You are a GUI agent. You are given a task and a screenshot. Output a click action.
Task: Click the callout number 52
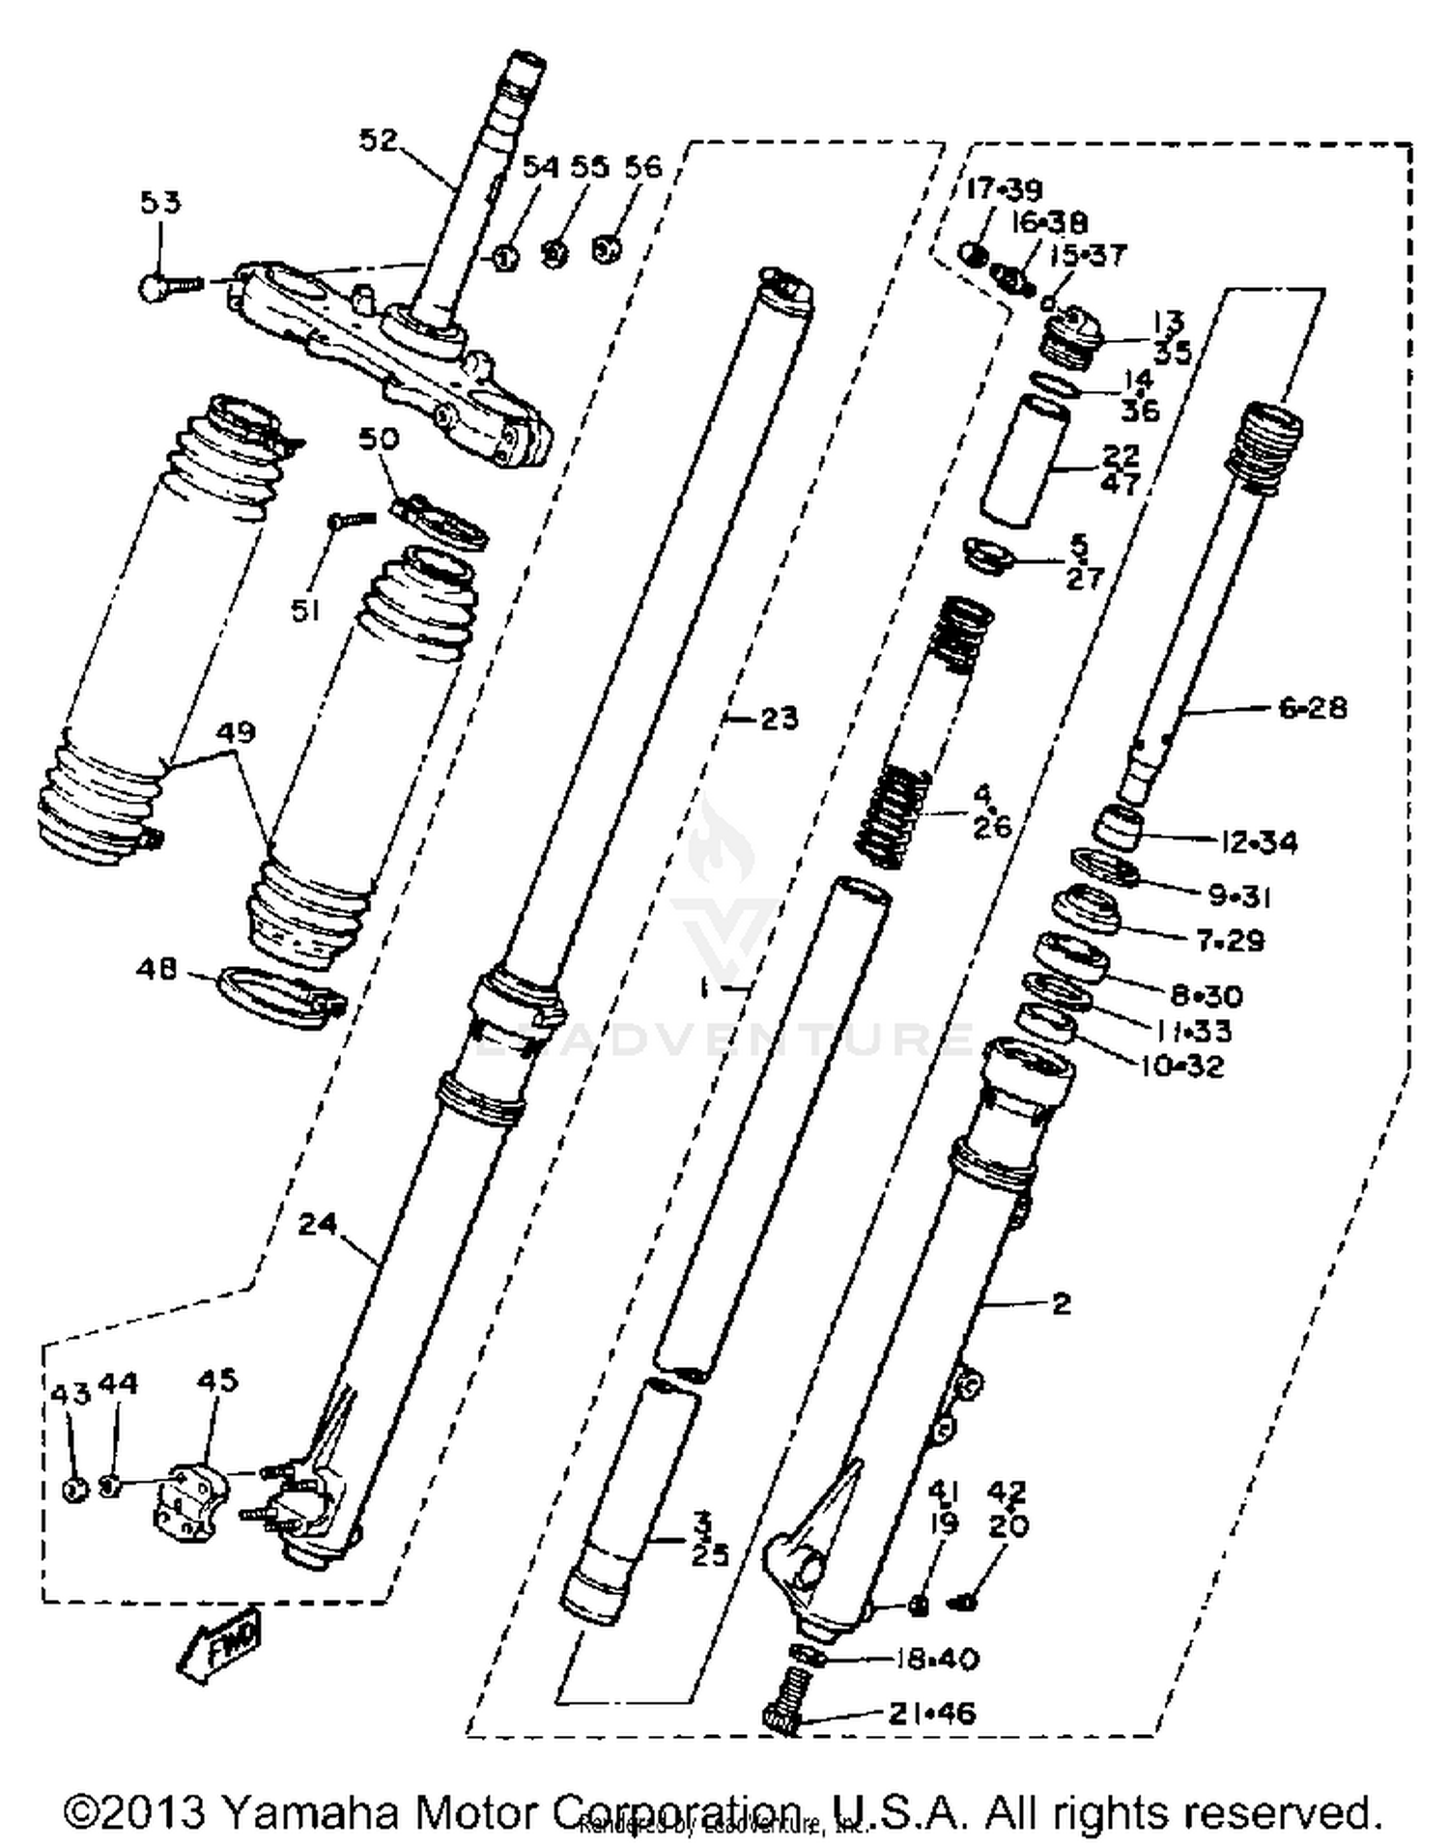click(x=378, y=141)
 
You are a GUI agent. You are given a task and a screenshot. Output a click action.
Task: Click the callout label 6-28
click(x=1312, y=708)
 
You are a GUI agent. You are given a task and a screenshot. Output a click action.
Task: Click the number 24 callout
click(x=317, y=1225)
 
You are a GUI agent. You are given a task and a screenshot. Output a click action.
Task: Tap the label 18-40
click(x=936, y=1659)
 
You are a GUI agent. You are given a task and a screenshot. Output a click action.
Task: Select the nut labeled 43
click(x=72, y=1489)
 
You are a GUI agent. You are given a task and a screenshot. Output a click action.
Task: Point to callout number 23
click(x=779, y=719)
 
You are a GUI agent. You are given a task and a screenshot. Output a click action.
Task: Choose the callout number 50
click(x=379, y=439)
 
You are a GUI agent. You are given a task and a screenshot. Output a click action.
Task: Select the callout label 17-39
click(x=1005, y=189)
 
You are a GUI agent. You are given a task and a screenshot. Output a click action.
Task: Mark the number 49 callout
click(x=237, y=732)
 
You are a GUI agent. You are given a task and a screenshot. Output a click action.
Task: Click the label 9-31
click(x=1239, y=896)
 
